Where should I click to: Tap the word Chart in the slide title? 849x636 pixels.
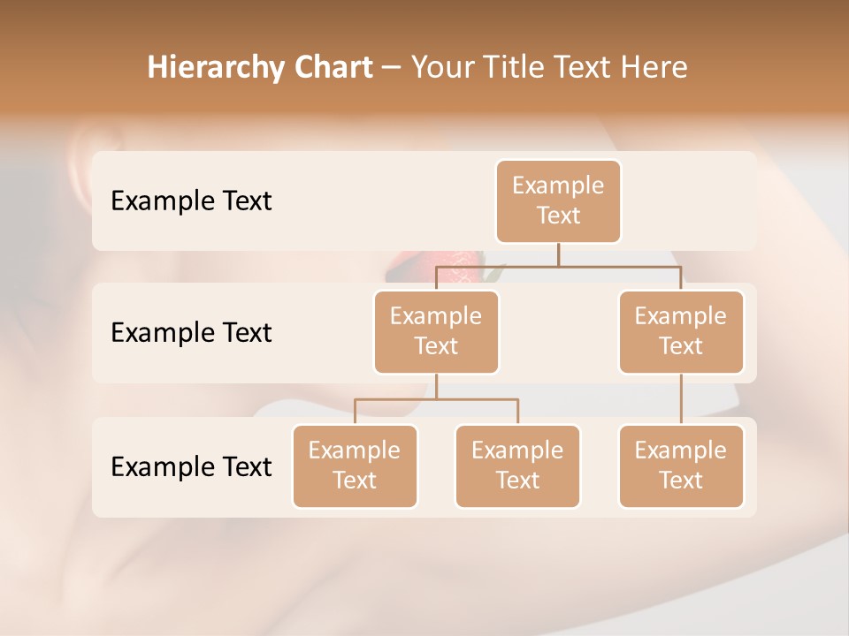point(330,67)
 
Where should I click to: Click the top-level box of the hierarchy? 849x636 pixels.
point(558,201)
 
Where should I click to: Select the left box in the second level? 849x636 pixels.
point(436,332)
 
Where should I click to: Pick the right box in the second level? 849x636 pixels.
point(681,332)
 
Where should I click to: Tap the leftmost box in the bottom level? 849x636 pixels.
point(355,466)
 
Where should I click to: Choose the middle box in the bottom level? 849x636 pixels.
point(517,466)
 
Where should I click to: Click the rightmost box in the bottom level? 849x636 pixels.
point(681,466)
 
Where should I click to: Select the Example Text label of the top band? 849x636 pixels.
point(191,201)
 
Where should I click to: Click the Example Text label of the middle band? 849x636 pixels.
point(191,333)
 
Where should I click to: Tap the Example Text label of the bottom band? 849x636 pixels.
point(191,466)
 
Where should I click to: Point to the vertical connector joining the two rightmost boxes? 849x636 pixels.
point(681,399)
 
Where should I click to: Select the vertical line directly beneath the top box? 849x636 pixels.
point(558,254)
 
